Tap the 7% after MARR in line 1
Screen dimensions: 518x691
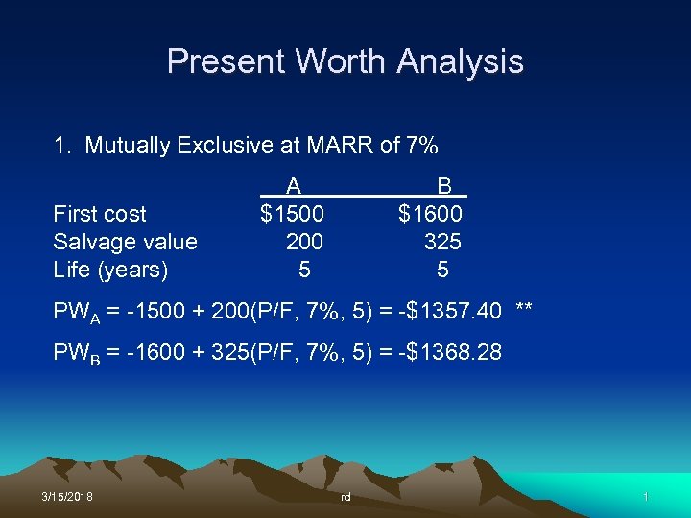422,146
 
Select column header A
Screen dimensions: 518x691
294,186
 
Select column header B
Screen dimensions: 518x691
444,186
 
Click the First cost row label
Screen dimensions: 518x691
100,214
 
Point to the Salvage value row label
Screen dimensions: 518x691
125,242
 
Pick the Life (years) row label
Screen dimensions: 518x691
110,270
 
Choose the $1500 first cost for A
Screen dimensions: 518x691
292,214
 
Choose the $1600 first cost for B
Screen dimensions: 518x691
430,214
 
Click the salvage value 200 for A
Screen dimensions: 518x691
304,242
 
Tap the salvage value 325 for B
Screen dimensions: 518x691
442,242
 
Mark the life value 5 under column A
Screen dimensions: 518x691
304,270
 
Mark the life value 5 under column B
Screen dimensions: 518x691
442,270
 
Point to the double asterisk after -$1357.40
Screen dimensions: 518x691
524,310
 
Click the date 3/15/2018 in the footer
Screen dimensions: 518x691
67,497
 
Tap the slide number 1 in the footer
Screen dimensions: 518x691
646,497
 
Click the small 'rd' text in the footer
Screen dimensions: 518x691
345,498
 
